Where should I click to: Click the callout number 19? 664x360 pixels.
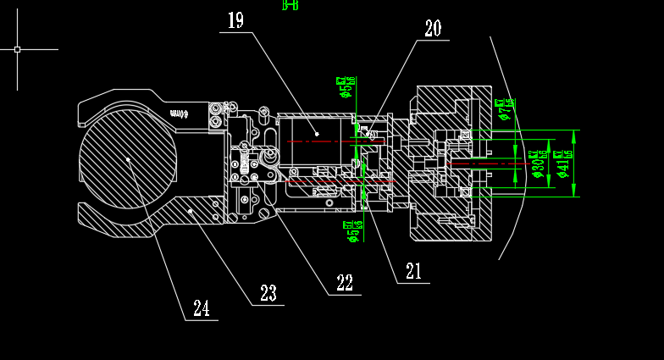[x=235, y=20]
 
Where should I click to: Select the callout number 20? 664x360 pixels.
[x=433, y=29]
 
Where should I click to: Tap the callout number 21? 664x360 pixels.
[x=413, y=271]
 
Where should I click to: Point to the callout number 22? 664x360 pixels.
[x=345, y=284]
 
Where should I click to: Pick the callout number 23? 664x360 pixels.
[x=268, y=293]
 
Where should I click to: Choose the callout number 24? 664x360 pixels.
[x=201, y=308]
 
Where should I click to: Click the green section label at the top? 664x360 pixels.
[x=290, y=5]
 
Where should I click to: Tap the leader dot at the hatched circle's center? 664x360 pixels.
[x=128, y=158]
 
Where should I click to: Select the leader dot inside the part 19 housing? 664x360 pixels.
[x=318, y=134]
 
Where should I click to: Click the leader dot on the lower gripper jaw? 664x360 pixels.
[x=191, y=210]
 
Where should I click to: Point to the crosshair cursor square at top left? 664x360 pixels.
[x=17, y=49]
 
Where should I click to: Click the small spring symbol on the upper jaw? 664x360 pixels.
[x=179, y=112]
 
